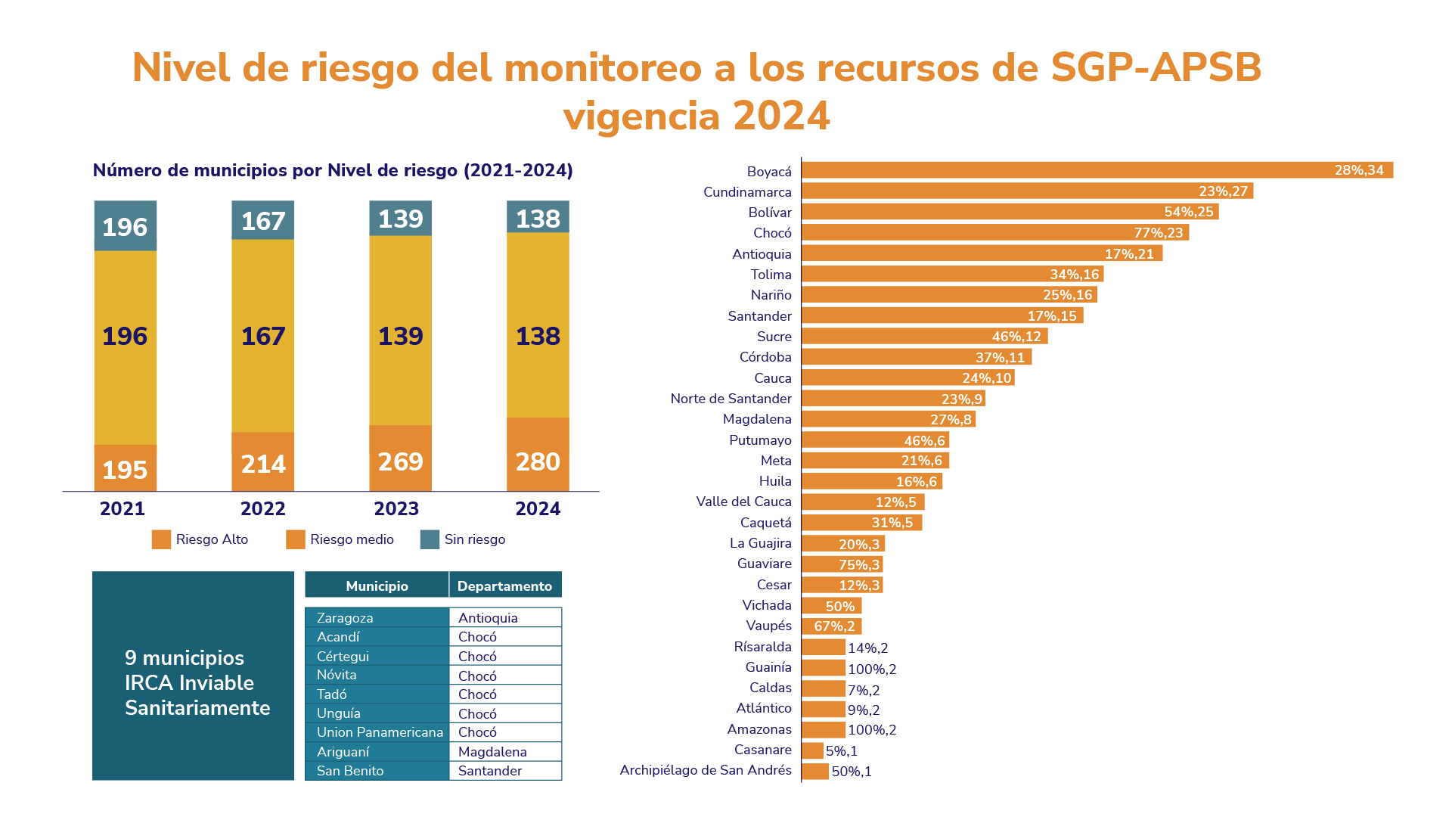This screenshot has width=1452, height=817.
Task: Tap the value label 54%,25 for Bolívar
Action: (1188, 213)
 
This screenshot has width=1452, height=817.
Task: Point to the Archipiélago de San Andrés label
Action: (705, 770)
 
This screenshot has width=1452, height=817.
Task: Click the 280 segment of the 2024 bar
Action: (538, 461)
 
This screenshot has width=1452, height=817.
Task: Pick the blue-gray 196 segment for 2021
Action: (126, 226)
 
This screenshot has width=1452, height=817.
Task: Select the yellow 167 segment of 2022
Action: (262, 336)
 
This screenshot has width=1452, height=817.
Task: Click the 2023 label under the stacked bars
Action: (396, 509)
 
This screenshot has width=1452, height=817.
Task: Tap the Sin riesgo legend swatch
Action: (430, 539)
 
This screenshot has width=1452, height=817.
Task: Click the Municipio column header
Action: (377, 586)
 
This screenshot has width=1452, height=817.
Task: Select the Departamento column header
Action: (504, 586)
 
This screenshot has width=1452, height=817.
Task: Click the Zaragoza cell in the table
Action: (345, 618)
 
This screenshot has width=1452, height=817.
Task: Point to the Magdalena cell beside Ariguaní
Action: (492, 752)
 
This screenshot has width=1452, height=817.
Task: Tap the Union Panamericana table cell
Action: (380, 732)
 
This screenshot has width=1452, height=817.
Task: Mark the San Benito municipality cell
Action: (350, 771)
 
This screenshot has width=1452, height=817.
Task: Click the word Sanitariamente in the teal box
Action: (197, 708)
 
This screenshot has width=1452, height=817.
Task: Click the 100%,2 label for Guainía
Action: (872, 669)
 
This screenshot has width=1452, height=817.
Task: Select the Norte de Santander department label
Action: (731, 399)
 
